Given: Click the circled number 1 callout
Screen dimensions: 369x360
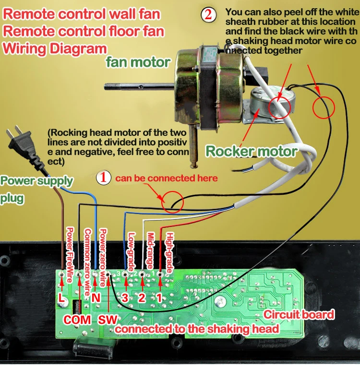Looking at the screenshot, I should [103, 178].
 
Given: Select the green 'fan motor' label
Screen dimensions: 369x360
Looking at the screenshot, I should [138, 62].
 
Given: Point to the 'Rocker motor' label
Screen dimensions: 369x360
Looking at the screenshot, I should [252, 152].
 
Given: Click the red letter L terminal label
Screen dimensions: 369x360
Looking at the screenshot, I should [61, 298].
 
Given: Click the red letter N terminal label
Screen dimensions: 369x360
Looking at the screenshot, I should [95, 298].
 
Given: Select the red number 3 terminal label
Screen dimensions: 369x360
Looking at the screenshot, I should [125, 298].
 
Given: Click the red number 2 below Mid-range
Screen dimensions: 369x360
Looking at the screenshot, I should [142, 298].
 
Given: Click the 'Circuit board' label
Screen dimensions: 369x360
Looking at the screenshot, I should [299, 315].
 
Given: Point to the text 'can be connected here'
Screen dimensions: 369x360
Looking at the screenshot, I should [166, 178].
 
